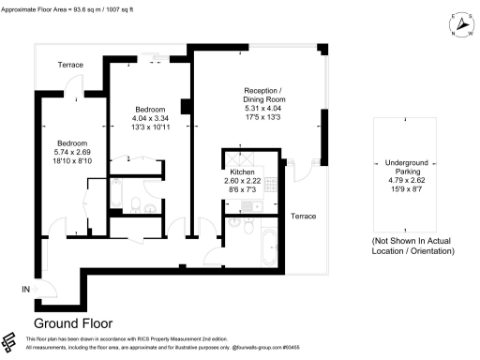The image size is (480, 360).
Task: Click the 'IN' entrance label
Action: pos(26,290)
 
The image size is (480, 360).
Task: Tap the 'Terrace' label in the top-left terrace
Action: pos(70,65)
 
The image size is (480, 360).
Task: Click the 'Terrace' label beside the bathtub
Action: pos(302,217)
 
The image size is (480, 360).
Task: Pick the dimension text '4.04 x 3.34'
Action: pos(150,120)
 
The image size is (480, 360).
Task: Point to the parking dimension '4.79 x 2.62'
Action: pos(405,182)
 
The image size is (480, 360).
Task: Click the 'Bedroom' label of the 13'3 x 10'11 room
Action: pos(150,110)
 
